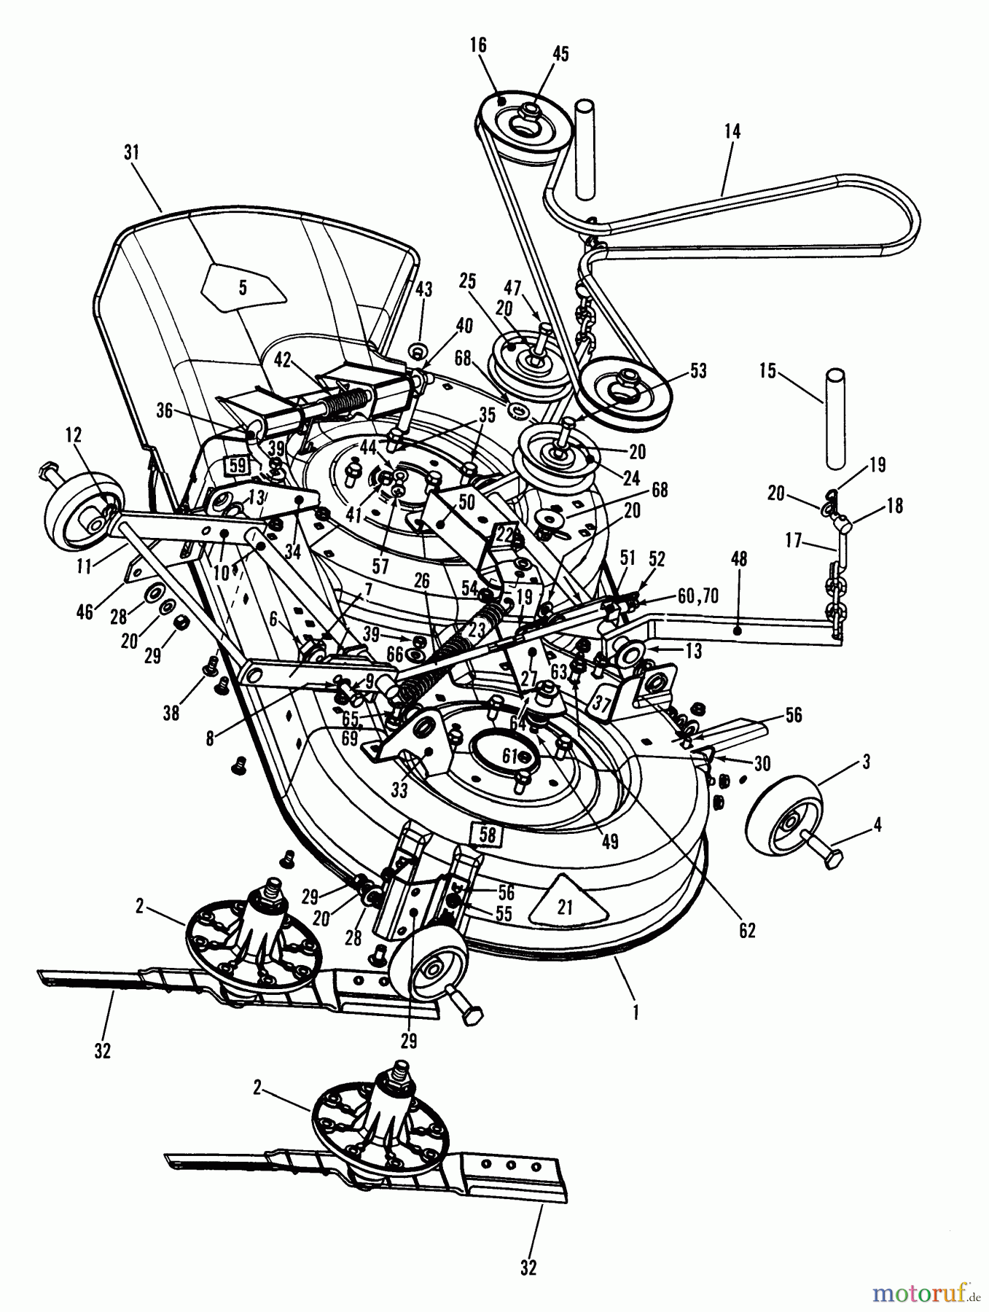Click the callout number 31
[131, 153]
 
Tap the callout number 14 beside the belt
[732, 131]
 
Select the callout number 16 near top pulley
[477, 46]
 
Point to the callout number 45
[560, 54]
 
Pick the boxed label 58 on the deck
[487, 834]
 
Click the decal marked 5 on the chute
[243, 288]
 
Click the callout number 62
[747, 931]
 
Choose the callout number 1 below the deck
[636, 1012]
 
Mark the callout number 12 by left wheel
[73, 435]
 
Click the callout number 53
[697, 371]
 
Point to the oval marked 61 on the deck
[510, 757]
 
